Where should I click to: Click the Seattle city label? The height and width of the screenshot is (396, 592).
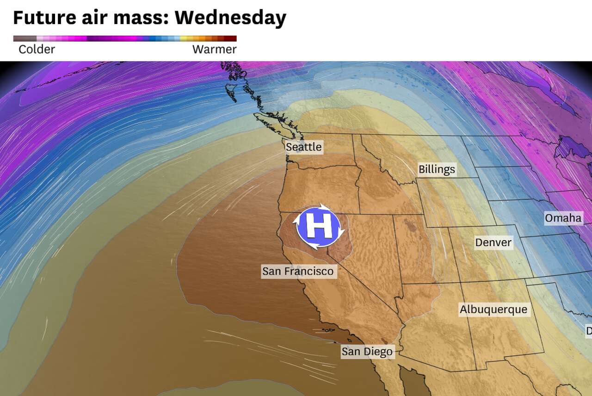[303, 147]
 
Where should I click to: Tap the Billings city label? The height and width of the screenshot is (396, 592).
[437, 169]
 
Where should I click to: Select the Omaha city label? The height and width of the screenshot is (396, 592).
[563, 218]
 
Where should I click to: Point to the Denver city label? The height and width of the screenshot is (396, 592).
[493, 242]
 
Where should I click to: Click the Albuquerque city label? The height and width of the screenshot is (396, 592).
[493, 309]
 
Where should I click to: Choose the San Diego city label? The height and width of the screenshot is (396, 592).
[367, 352]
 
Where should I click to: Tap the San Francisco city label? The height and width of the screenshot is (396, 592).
[298, 271]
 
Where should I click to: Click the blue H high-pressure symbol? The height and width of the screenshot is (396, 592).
[318, 227]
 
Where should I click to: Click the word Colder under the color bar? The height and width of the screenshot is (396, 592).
[37, 49]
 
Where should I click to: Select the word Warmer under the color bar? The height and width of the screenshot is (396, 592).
[214, 49]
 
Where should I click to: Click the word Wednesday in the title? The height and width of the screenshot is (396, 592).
[230, 18]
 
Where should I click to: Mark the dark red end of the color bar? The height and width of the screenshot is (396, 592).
[233, 39]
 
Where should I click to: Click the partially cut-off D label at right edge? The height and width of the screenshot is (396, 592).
[589, 331]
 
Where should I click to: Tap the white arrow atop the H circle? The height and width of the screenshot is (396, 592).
[321, 206]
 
